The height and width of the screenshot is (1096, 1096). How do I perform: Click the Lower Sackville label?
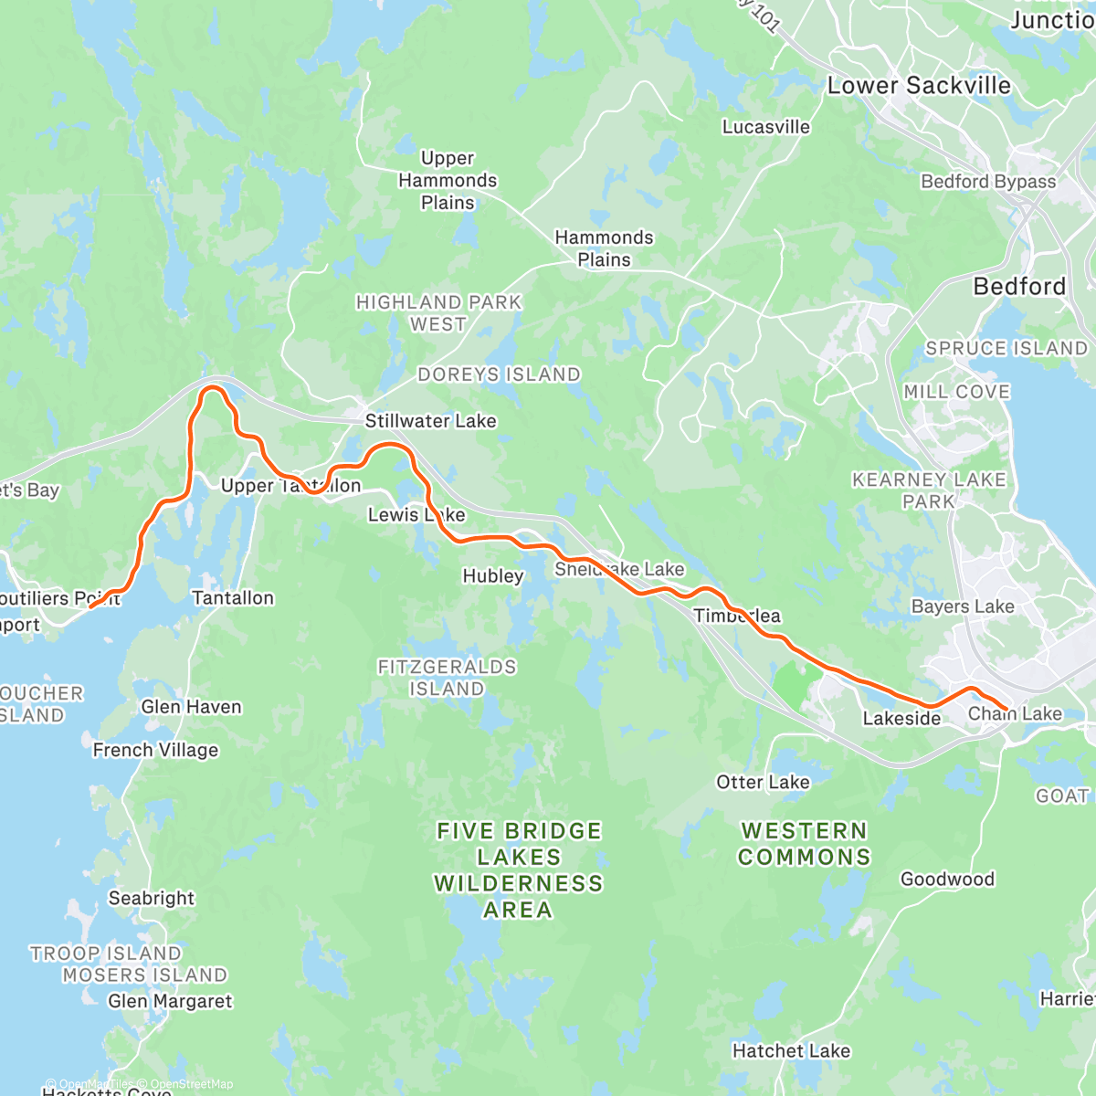tap(919, 86)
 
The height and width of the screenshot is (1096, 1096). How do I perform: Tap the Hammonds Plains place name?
tap(604, 248)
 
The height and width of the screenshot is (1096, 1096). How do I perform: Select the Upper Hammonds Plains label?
tap(448, 180)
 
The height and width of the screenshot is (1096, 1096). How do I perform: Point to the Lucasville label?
tap(765, 127)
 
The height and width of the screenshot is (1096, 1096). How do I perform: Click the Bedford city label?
tap(1019, 287)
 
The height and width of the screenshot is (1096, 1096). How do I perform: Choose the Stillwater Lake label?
tap(430, 421)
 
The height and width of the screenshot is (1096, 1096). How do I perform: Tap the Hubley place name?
tap(493, 576)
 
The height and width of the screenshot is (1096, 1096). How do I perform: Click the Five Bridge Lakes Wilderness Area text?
tap(518, 869)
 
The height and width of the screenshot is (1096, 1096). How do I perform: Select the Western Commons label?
tap(804, 844)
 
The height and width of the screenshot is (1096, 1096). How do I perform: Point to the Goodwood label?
tap(947, 880)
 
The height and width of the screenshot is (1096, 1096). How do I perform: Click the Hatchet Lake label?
tap(791, 1051)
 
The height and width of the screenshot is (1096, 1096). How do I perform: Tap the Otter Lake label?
tap(763, 783)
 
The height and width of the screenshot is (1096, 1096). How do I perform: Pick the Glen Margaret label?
tap(170, 1001)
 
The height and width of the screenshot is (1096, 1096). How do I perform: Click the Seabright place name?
tap(152, 898)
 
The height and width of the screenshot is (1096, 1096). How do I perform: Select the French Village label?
tap(155, 750)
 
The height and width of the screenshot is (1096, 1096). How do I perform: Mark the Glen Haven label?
tap(191, 707)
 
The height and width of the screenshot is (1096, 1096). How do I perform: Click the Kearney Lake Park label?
tap(929, 490)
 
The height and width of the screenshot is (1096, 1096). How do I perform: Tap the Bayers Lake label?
tap(963, 606)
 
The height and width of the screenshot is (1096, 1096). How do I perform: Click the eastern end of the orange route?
tap(1006, 709)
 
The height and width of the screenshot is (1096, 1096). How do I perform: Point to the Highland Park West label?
tap(438, 313)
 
